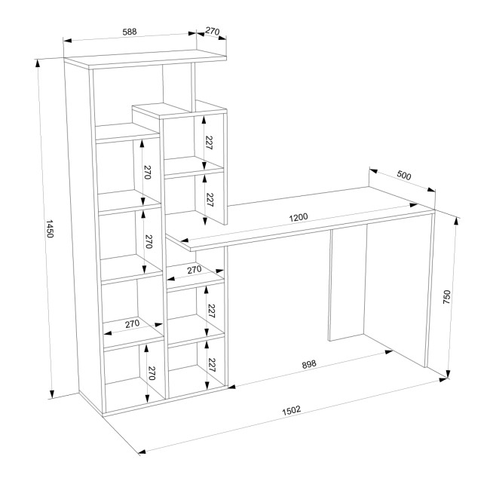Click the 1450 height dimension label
coord(50,228)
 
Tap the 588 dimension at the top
coord(130,32)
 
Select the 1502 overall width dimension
coord(291,410)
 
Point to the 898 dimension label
coord(309,364)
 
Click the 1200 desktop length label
coord(298,217)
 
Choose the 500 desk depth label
coord(404,175)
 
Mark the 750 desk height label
coord(446,297)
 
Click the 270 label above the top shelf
coord(213,31)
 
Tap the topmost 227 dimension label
coord(209,142)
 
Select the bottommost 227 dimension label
coord(212,365)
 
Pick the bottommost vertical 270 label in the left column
coord(152,373)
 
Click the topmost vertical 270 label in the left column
coord(147,172)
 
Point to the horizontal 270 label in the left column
coord(133,323)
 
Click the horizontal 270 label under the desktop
coord(194,270)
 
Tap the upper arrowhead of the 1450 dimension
coord(38,63)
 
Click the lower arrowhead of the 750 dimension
coord(449,374)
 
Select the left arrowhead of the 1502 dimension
coord(142,452)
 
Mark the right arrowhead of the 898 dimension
coord(389,352)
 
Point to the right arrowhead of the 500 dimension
coord(431,190)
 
